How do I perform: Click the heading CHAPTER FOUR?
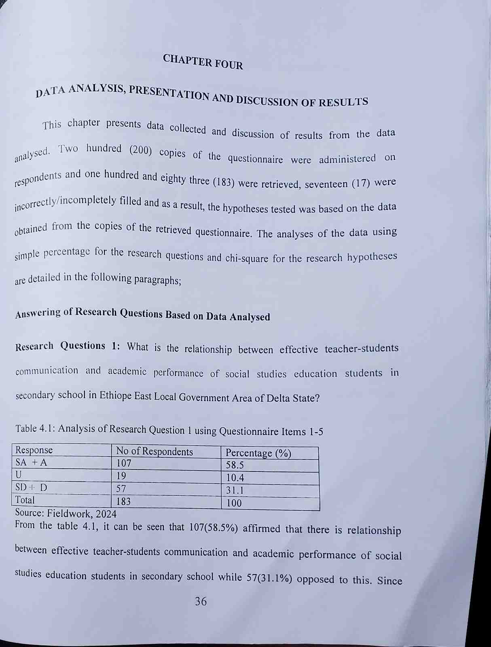(x=203, y=62)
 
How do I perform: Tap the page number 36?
(x=201, y=601)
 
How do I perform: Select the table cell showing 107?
(x=124, y=463)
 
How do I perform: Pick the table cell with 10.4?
(x=235, y=478)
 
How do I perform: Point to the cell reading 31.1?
(x=235, y=491)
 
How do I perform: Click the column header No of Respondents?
(x=154, y=451)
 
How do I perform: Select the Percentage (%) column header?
(x=258, y=453)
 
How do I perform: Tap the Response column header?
(x=34, y=450)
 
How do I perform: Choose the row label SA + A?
(x=31, y=462)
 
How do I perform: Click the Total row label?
(x=25, y=500)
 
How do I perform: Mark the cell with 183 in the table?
(x=123, y=501)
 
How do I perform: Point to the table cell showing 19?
(x=121, y=475)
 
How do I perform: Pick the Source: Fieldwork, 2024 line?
(x=66, y=514)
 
